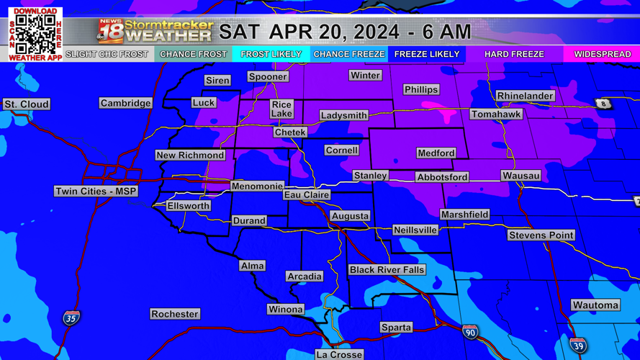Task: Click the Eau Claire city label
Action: pos(307,194)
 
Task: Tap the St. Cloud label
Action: pos(27,104)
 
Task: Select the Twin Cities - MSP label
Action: pos(96,192)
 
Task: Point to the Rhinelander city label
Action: pos(526,96)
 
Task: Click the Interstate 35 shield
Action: pos(71,318)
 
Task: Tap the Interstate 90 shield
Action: pos(470,332)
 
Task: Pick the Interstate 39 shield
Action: pos(578,346)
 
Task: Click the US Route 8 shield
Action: pos(603,104)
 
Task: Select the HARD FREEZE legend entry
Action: pos(514,54)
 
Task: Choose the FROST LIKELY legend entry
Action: pos(271,54)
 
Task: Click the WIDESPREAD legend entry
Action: pos(602,54)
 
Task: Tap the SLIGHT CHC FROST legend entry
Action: pos(107,54)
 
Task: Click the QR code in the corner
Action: pos(35,34)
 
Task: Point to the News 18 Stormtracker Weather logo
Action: pos(155,31)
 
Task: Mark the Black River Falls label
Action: pos(387,270)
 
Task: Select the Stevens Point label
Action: pos(541,235)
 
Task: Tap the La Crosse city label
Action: pos(340,354)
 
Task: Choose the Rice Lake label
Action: pos(281,109)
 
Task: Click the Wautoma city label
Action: pos(595,305)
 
